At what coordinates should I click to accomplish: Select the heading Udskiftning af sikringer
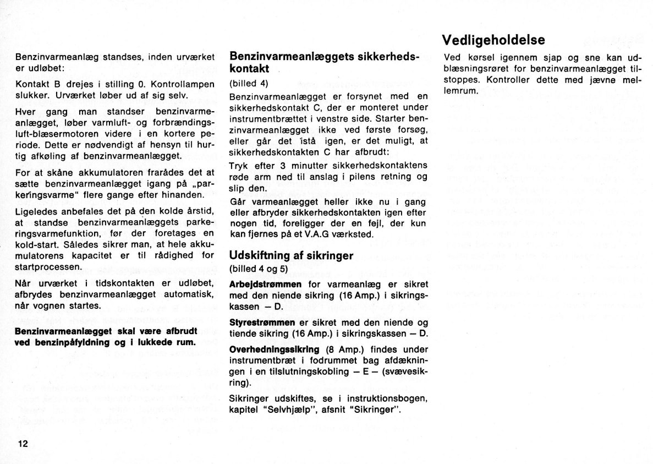point(291,255)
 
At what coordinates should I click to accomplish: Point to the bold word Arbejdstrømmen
point(265,284)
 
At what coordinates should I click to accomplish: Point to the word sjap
point(552,58)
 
